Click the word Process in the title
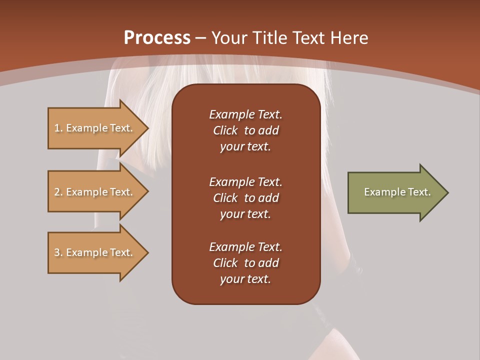point(157,38)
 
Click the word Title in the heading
point(266,38)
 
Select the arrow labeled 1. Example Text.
point(95,128)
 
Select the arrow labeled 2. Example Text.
point(95,192)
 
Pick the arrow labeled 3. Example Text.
point(95,252)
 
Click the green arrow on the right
point(395,192)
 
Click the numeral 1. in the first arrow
point(58,128)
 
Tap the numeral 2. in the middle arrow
point(58,192)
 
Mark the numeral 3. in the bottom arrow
point(58,252)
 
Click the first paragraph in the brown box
point(245,130)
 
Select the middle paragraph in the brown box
point(245,197)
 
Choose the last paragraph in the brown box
point(245,263)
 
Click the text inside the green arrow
point(397,192)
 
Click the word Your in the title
point(229,38)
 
